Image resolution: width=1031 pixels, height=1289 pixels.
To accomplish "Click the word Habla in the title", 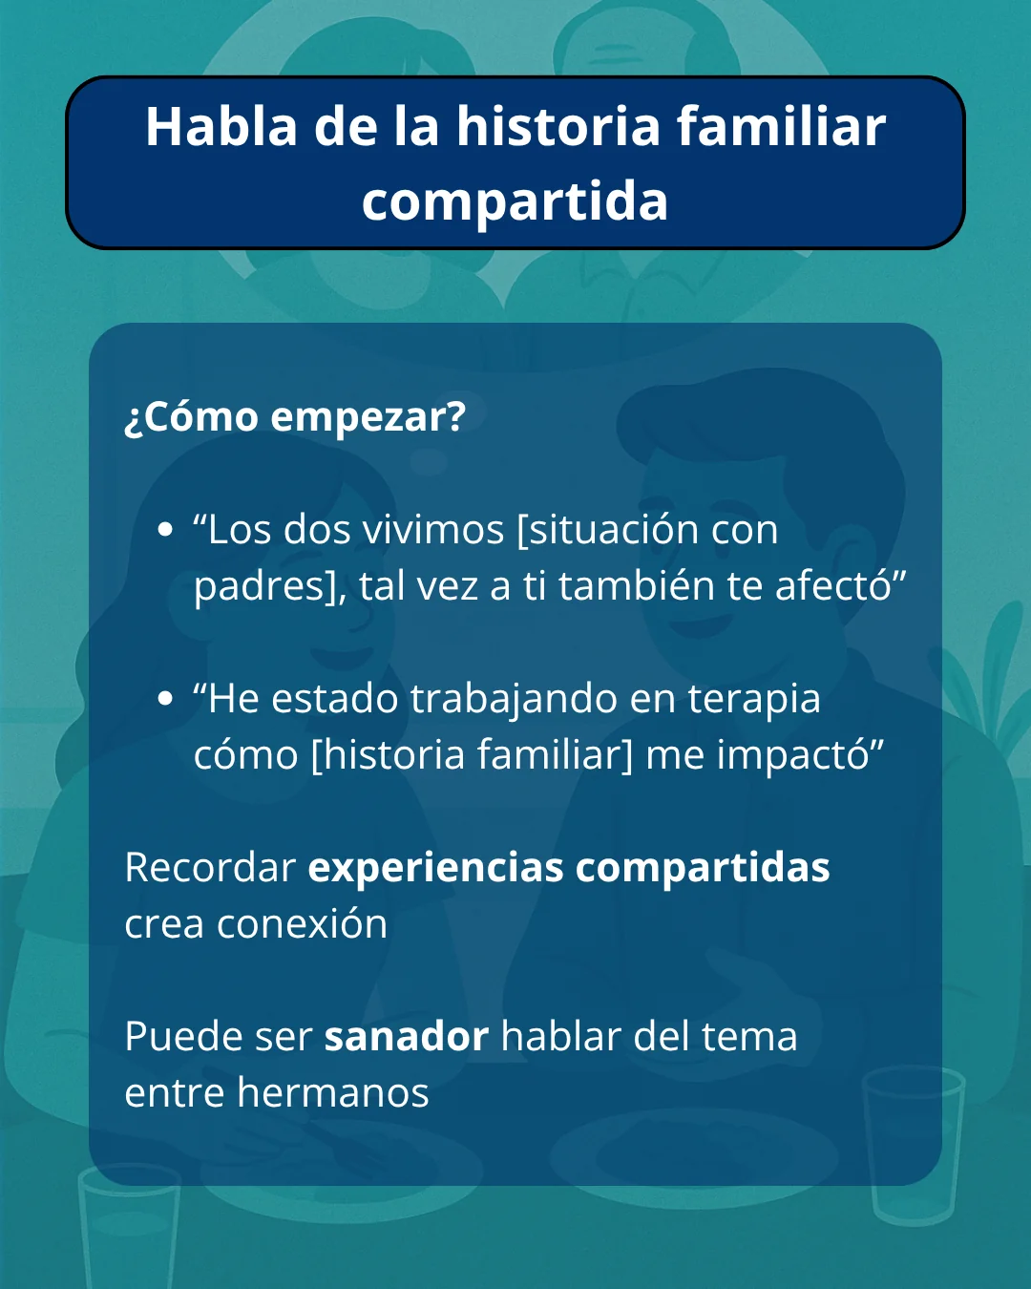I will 221,127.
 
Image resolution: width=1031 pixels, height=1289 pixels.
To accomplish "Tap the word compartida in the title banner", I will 515,201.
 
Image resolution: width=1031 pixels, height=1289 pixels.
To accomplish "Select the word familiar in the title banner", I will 781,127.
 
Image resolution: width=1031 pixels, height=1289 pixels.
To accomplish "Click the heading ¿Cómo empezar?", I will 295,417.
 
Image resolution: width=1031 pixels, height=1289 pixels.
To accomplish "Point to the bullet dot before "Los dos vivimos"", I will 166,530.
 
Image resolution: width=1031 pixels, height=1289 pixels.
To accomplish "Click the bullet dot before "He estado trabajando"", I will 166,699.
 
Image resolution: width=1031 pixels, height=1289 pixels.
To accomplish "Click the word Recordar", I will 210,868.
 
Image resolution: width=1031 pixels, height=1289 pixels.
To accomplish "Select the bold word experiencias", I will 436,868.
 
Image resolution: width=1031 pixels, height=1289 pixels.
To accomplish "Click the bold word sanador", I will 407,1037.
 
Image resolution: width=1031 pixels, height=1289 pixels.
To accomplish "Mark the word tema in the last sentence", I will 749,1037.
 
